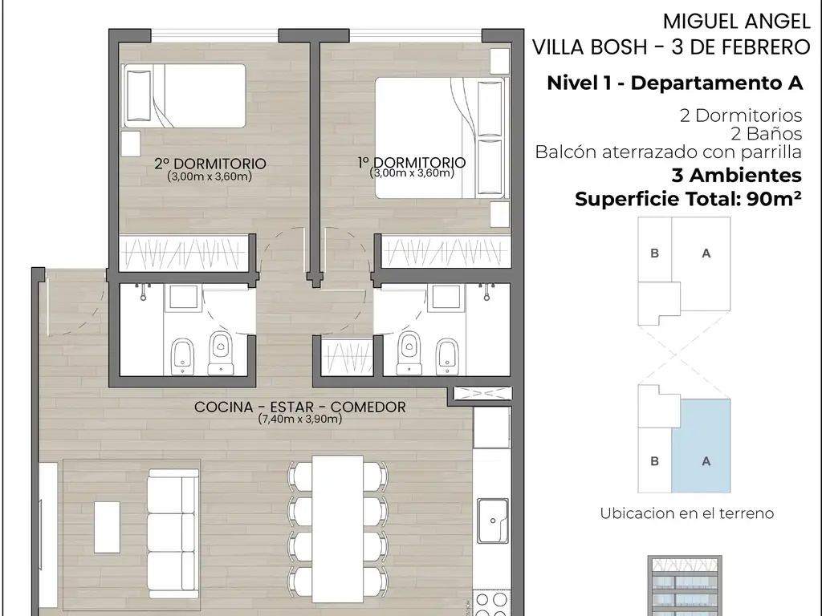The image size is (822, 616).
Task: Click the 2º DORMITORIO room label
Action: (210, 164)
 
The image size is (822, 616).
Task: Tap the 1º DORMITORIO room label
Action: (412, 162)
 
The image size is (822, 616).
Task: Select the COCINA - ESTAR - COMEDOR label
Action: (300, 407)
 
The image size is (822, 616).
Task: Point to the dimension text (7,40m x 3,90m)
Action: (300, 419)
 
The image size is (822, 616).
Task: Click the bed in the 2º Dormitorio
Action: (184, 96)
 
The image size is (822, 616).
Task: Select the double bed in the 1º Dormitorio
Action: (442, 138)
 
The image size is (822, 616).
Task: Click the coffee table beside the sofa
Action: (107, 527)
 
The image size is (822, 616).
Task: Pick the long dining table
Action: (338, 529)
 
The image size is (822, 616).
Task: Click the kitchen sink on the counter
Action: (493, 521)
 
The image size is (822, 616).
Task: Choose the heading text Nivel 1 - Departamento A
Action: (674, 83)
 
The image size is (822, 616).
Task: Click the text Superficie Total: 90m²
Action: (688, 199)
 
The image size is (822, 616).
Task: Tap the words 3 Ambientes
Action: (737, 175)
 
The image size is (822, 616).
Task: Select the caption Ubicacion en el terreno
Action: (687, 513)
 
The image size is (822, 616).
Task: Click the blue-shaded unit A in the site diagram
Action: (701, 446)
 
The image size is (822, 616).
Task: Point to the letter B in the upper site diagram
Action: (654, 253)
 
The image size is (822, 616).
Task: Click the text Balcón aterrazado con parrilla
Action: (669, 152)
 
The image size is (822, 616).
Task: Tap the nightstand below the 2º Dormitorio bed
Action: (131, 144)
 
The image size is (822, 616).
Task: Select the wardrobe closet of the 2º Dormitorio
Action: (184, 253)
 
